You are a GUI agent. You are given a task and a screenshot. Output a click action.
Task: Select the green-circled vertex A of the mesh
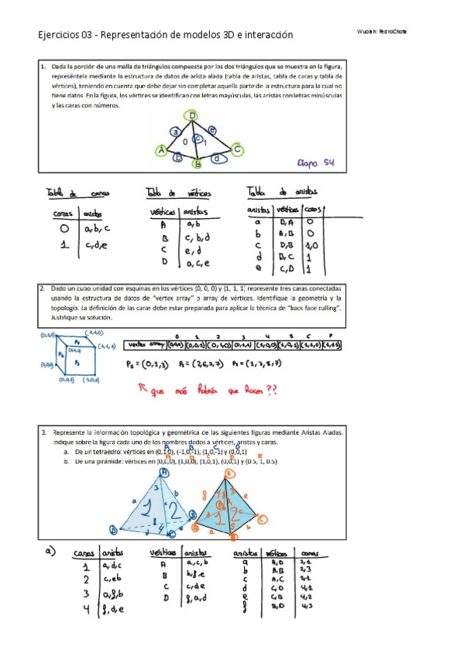pos(160,150)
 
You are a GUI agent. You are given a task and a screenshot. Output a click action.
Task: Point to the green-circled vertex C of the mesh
pos(237,149)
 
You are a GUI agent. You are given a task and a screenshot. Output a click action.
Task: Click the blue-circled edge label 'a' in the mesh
pos(176,132)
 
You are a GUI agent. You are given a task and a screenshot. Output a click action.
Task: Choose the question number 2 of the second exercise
pos(41,287)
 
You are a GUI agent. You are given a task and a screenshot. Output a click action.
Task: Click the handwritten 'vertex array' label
pos(145,345)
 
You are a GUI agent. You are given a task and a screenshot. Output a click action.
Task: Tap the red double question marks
pos(271,391)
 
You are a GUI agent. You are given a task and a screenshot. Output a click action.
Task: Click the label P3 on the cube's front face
pos(76,360)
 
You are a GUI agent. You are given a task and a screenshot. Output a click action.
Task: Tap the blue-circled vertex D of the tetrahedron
pos(113,529)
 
